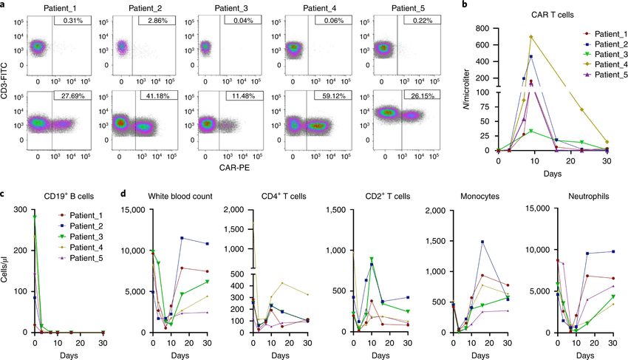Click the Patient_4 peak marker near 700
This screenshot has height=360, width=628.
[530, 36]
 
